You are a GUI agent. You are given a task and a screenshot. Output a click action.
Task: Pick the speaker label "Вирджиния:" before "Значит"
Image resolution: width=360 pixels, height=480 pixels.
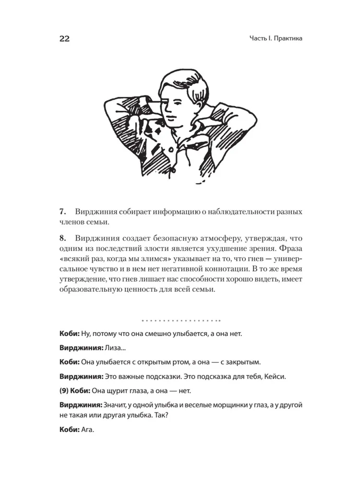[78, 406]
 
